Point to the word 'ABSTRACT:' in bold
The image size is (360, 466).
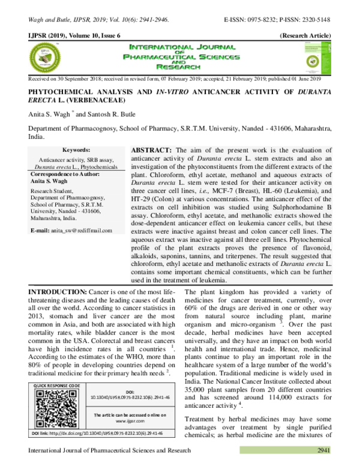[x=152, y=148]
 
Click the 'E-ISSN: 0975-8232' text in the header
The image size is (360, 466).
[x=253, y=20]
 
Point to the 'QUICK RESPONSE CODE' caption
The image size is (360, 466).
[x=58, y=385]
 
